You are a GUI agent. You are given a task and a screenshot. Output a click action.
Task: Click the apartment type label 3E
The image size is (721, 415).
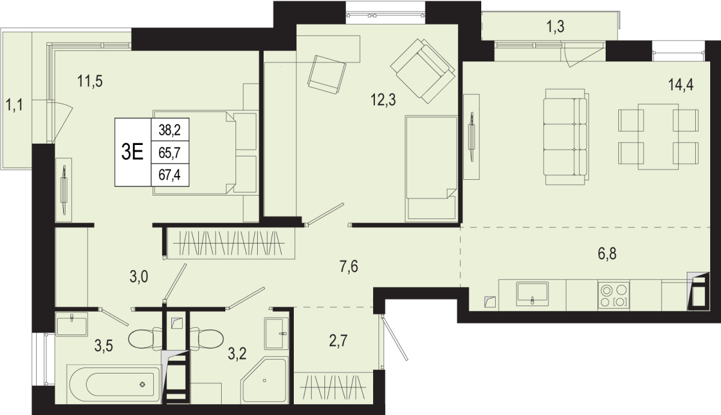click(x=132, y=152)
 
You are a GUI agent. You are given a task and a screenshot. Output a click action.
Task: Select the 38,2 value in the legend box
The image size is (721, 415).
click(x=169, y=130)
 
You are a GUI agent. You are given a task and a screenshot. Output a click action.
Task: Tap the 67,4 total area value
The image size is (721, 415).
click(x=169, y=175)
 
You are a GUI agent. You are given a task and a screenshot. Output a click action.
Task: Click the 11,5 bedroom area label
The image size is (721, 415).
click(x=90, y=81)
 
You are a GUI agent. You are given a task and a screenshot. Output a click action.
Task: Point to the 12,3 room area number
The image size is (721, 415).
click(x=383, y=100)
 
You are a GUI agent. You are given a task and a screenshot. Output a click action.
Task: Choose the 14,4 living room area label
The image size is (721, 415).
click(x=681, y=85)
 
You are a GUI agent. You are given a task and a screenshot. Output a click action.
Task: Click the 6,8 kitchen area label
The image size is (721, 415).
click(x=607, y=254)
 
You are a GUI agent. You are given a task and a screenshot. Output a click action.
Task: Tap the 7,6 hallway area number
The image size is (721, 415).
click(x=349, y=266)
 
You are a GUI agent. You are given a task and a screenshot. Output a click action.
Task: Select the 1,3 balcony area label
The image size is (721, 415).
click(x=556, y=26)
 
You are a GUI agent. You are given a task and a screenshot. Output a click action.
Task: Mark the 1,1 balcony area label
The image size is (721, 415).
click(x=14, y=105)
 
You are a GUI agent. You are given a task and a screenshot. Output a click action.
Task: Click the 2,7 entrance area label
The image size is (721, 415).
click(x=338, y=340)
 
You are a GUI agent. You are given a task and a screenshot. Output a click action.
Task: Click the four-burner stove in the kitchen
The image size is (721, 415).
click(x=613, y=295)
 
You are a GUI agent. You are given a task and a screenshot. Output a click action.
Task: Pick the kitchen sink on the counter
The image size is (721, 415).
click(x=532, y=294)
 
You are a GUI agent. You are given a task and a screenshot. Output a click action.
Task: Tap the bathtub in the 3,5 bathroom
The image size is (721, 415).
click(x=114, y=384)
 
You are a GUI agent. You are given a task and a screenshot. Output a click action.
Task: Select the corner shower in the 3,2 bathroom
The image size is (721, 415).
click(x=264, y=380)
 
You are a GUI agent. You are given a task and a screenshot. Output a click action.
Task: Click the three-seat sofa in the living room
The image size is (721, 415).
click(x=566, y=137)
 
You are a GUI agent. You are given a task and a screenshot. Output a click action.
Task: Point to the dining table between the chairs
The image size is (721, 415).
click(x=659, y=137)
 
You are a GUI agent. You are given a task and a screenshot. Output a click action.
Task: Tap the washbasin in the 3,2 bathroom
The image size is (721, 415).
click(x=276, y=333)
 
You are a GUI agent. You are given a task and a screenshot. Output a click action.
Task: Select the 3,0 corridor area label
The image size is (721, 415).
click(x=139, y=277)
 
